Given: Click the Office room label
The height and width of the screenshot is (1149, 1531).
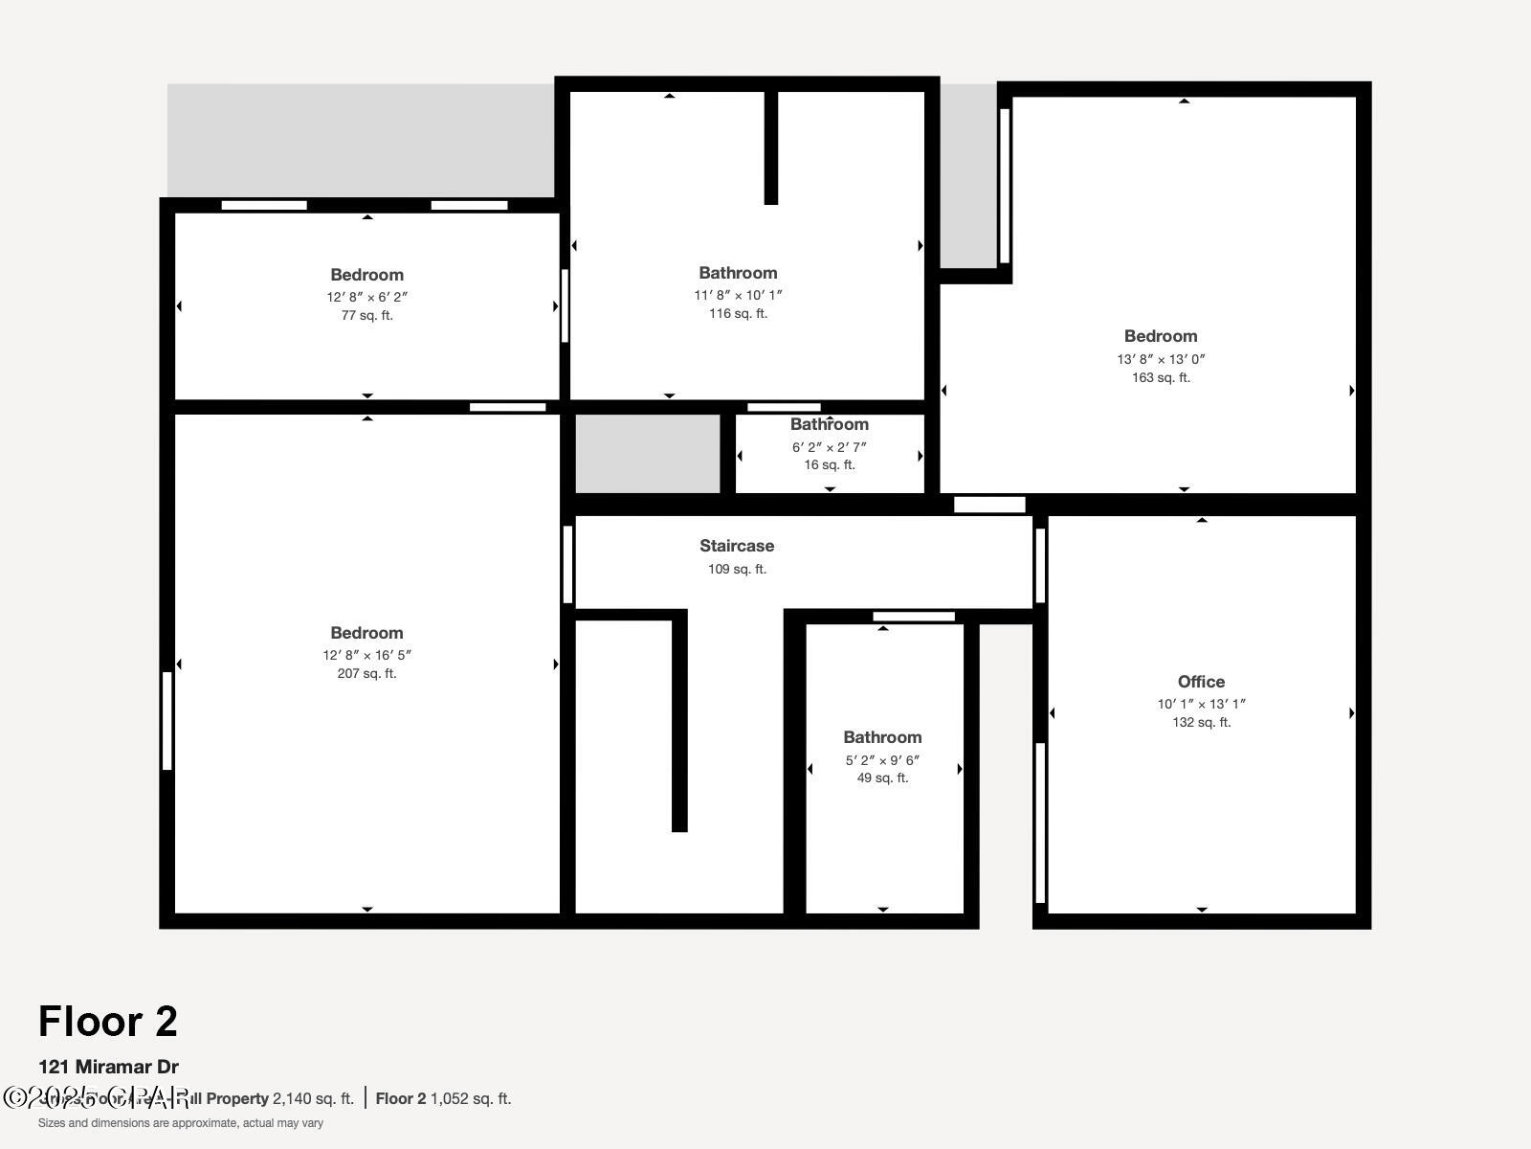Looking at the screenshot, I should (x=1201, y=682).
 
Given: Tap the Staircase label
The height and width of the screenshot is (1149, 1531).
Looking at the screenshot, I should (x=737, y=546).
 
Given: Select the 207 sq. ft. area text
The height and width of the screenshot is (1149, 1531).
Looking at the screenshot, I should (x=366, y=673).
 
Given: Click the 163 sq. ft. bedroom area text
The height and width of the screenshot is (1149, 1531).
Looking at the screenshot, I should (x=1161, y=377).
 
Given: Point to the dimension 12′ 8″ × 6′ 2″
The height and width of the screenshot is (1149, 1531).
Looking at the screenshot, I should (x=366, y=297).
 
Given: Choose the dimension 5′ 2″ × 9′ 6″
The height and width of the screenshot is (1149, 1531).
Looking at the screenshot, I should (x=882, y=760).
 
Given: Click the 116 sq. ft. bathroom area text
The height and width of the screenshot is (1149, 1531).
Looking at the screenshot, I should (x=738, y=313).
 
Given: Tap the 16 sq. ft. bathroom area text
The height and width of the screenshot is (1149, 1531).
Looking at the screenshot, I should (x=830, y=464).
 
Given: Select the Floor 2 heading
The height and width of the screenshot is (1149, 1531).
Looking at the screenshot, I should (x=108, y=1022).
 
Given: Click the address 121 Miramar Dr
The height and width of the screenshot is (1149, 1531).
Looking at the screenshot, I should (x=108, y=1067).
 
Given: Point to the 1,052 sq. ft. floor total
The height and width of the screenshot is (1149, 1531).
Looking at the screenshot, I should (x=471, y=1098).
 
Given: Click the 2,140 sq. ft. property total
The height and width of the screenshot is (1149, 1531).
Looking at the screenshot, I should (x=313, y=1098).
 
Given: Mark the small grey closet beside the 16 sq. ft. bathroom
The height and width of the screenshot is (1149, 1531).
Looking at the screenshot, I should (x=648, y=454).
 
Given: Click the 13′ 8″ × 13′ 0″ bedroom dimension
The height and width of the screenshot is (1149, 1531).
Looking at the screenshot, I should (x=1161, y=359).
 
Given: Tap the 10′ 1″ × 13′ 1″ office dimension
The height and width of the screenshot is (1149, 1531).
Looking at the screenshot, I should (x=1201, y=704).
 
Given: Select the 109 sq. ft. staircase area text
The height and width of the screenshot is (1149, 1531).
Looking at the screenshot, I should (x=737, y=569).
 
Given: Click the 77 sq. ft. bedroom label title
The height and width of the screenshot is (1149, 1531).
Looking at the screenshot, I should (x=366, y=275).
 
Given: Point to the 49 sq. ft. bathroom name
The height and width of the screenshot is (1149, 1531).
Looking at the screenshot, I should (x=882, y=737).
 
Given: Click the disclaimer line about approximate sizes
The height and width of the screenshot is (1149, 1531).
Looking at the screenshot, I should (x=181, y=1123).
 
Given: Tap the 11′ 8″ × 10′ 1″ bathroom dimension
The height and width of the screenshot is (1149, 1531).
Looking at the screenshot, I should (x=738, y=295).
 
